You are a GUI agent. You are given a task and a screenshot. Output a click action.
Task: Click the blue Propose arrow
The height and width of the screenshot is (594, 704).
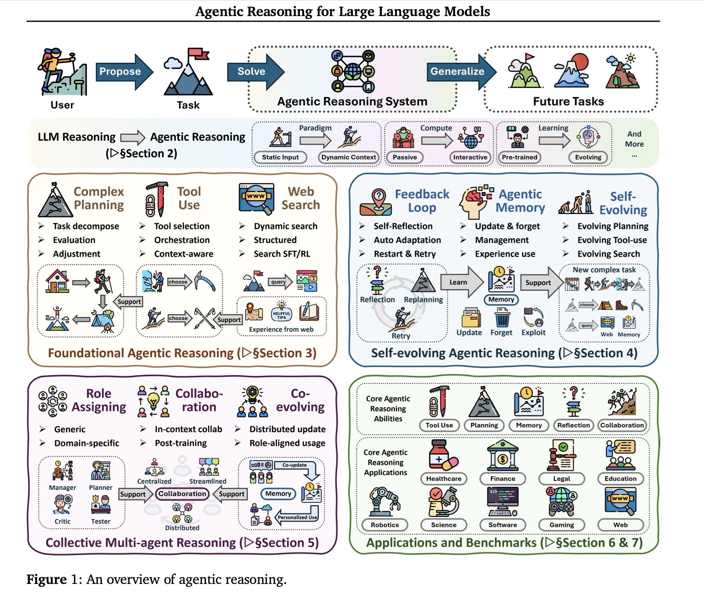tap(124, 72)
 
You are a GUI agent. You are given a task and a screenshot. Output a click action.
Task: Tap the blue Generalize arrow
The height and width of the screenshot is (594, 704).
tap(462, 72)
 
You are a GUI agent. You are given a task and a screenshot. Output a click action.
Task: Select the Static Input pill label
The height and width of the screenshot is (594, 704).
tap(280, 157)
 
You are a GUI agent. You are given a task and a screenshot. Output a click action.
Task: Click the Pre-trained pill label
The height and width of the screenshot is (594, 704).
tap(520, 157)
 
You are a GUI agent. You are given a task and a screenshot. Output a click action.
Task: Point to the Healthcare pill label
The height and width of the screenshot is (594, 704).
tap(444, 479)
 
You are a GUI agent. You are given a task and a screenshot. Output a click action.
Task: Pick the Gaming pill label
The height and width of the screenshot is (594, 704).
tap(562, 525)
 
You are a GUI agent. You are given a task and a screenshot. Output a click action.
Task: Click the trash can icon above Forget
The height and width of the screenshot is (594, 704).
tap(502, 316)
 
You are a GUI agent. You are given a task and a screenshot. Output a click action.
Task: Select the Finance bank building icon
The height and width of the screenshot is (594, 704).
tap(503, 455)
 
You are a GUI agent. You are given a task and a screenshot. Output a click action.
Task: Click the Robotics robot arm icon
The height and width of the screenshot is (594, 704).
tap(385, 502)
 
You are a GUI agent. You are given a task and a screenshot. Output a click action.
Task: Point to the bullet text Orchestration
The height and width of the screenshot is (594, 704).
tap(182, 240)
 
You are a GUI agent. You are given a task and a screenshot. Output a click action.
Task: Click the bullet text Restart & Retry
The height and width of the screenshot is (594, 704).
tap(405, 254)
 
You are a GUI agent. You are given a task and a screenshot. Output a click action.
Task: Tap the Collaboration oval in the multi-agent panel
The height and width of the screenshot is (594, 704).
tap(182, 494)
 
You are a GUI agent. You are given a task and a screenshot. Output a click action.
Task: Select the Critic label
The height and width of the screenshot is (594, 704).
tap(62, 522)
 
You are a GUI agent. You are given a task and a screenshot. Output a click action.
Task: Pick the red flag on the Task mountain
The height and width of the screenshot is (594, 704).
tap(198, 53)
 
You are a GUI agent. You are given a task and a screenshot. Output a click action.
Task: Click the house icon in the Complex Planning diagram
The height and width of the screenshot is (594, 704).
tap(57, 281)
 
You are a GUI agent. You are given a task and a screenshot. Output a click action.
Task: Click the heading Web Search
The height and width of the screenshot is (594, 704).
tap(300, 198)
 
